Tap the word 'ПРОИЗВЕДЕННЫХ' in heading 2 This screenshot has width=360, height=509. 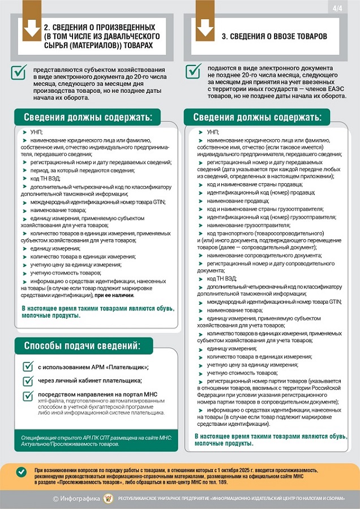coord(121,27)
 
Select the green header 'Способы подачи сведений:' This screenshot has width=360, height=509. coord(81,346)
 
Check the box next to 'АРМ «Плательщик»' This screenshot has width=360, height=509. coord(28,366)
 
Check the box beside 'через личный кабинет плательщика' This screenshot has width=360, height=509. coord(28,381)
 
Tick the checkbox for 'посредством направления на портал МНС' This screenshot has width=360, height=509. coord(28,395)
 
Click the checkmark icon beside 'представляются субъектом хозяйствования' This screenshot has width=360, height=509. coord(20,71)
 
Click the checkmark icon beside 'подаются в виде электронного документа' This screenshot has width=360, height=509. coord(193,71)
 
